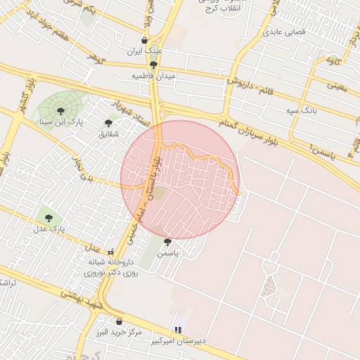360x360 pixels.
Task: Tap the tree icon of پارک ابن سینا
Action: tap(59, 110)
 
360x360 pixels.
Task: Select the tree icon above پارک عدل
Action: tap(48, 217)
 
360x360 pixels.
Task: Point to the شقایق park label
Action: tap(110, 133)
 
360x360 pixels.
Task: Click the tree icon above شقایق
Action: tap(108, 122)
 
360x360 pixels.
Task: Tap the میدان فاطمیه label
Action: tap(153, 75)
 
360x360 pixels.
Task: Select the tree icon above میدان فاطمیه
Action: tap(153, 64)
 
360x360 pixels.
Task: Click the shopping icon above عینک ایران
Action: tap(145, 40)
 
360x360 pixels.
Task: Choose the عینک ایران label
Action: tap(146, 51)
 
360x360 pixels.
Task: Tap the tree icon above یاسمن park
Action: tap(167, 242)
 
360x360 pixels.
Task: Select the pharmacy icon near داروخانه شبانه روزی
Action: tap(110, 252)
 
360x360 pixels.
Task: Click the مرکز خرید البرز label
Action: tap(119, 332)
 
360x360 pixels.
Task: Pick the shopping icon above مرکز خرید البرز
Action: tap(119, 321)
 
